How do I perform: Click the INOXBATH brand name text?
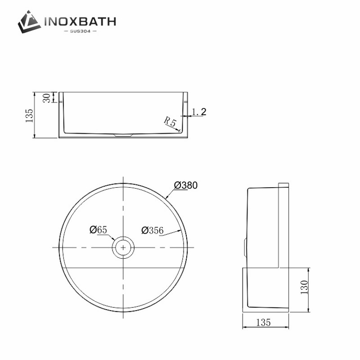(x=80, y=22)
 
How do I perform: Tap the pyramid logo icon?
(x=29, y=22)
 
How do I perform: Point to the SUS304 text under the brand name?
(x=80, y=31)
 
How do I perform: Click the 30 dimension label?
(x=47, y=98)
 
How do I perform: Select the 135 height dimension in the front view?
(x=29, y=116)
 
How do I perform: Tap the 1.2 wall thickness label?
(x=199, y=112)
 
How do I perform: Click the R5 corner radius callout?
(x=170, y=121)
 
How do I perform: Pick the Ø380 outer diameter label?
(x=185, y=185)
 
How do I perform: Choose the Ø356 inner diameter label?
(x=153, y=230)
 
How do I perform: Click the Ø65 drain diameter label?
(x=98, y=229)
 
